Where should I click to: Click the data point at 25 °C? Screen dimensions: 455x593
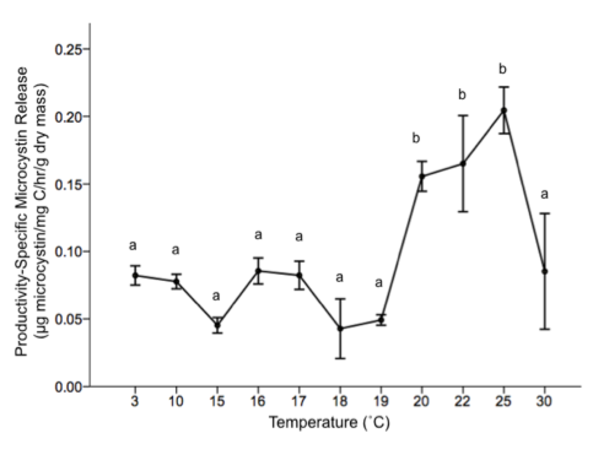coord(504,110)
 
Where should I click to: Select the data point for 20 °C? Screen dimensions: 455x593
coord(422,177)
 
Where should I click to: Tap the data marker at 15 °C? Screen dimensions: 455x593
coord(217,325)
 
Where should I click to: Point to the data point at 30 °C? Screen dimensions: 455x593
coord(545,271)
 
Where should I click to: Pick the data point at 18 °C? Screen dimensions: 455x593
coord(340,329)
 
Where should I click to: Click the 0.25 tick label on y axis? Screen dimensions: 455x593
coord(68,49)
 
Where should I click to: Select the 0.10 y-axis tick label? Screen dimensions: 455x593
coord(68,251)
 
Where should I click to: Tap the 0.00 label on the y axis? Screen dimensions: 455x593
coord(68,387)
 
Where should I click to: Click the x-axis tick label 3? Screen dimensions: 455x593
coord(134,402)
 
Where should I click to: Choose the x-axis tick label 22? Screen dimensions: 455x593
coord(463,402)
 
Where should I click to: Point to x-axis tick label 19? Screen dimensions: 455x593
coord(381,402)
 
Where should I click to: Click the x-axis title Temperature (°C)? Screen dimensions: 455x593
coord(329,423)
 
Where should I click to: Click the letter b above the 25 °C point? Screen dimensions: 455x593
coord(503,69)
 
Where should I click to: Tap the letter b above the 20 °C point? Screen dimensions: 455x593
coord(417,138)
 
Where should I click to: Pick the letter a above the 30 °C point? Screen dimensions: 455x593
coord(545,195)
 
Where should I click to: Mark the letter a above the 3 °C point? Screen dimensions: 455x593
coord(133,246)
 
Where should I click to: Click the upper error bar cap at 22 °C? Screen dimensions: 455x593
coord(463,115)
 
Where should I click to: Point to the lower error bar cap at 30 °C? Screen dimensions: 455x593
coord(545,329)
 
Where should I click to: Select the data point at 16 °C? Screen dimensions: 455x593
coord(258,270)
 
